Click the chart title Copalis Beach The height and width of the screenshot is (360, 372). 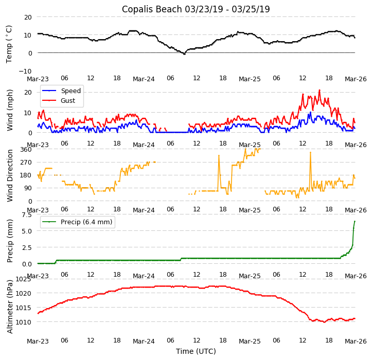tap(196, 9)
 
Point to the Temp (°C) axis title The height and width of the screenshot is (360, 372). tap(9, 44)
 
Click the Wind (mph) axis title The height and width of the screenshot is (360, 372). tap(10, 110)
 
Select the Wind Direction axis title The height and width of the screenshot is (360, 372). tap(10, 175)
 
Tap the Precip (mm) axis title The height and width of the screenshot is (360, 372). tap(10, 241)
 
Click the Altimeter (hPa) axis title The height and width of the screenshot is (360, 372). tap(10, 306)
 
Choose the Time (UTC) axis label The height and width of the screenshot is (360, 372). tap(196, 351)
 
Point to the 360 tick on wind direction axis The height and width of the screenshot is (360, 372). tap(26, 149)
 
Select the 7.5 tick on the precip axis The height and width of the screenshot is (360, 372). tap(26, 214)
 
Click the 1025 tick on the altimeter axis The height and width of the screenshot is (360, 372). tap(23, 279)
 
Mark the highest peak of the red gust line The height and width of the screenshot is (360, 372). tap(319, 90)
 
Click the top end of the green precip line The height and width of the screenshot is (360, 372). tap(355, 221)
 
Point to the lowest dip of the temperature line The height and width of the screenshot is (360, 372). tap(184, 54)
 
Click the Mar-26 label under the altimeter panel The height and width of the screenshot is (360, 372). tap(356, 341)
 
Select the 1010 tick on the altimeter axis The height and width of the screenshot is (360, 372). tap(23, 322)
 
